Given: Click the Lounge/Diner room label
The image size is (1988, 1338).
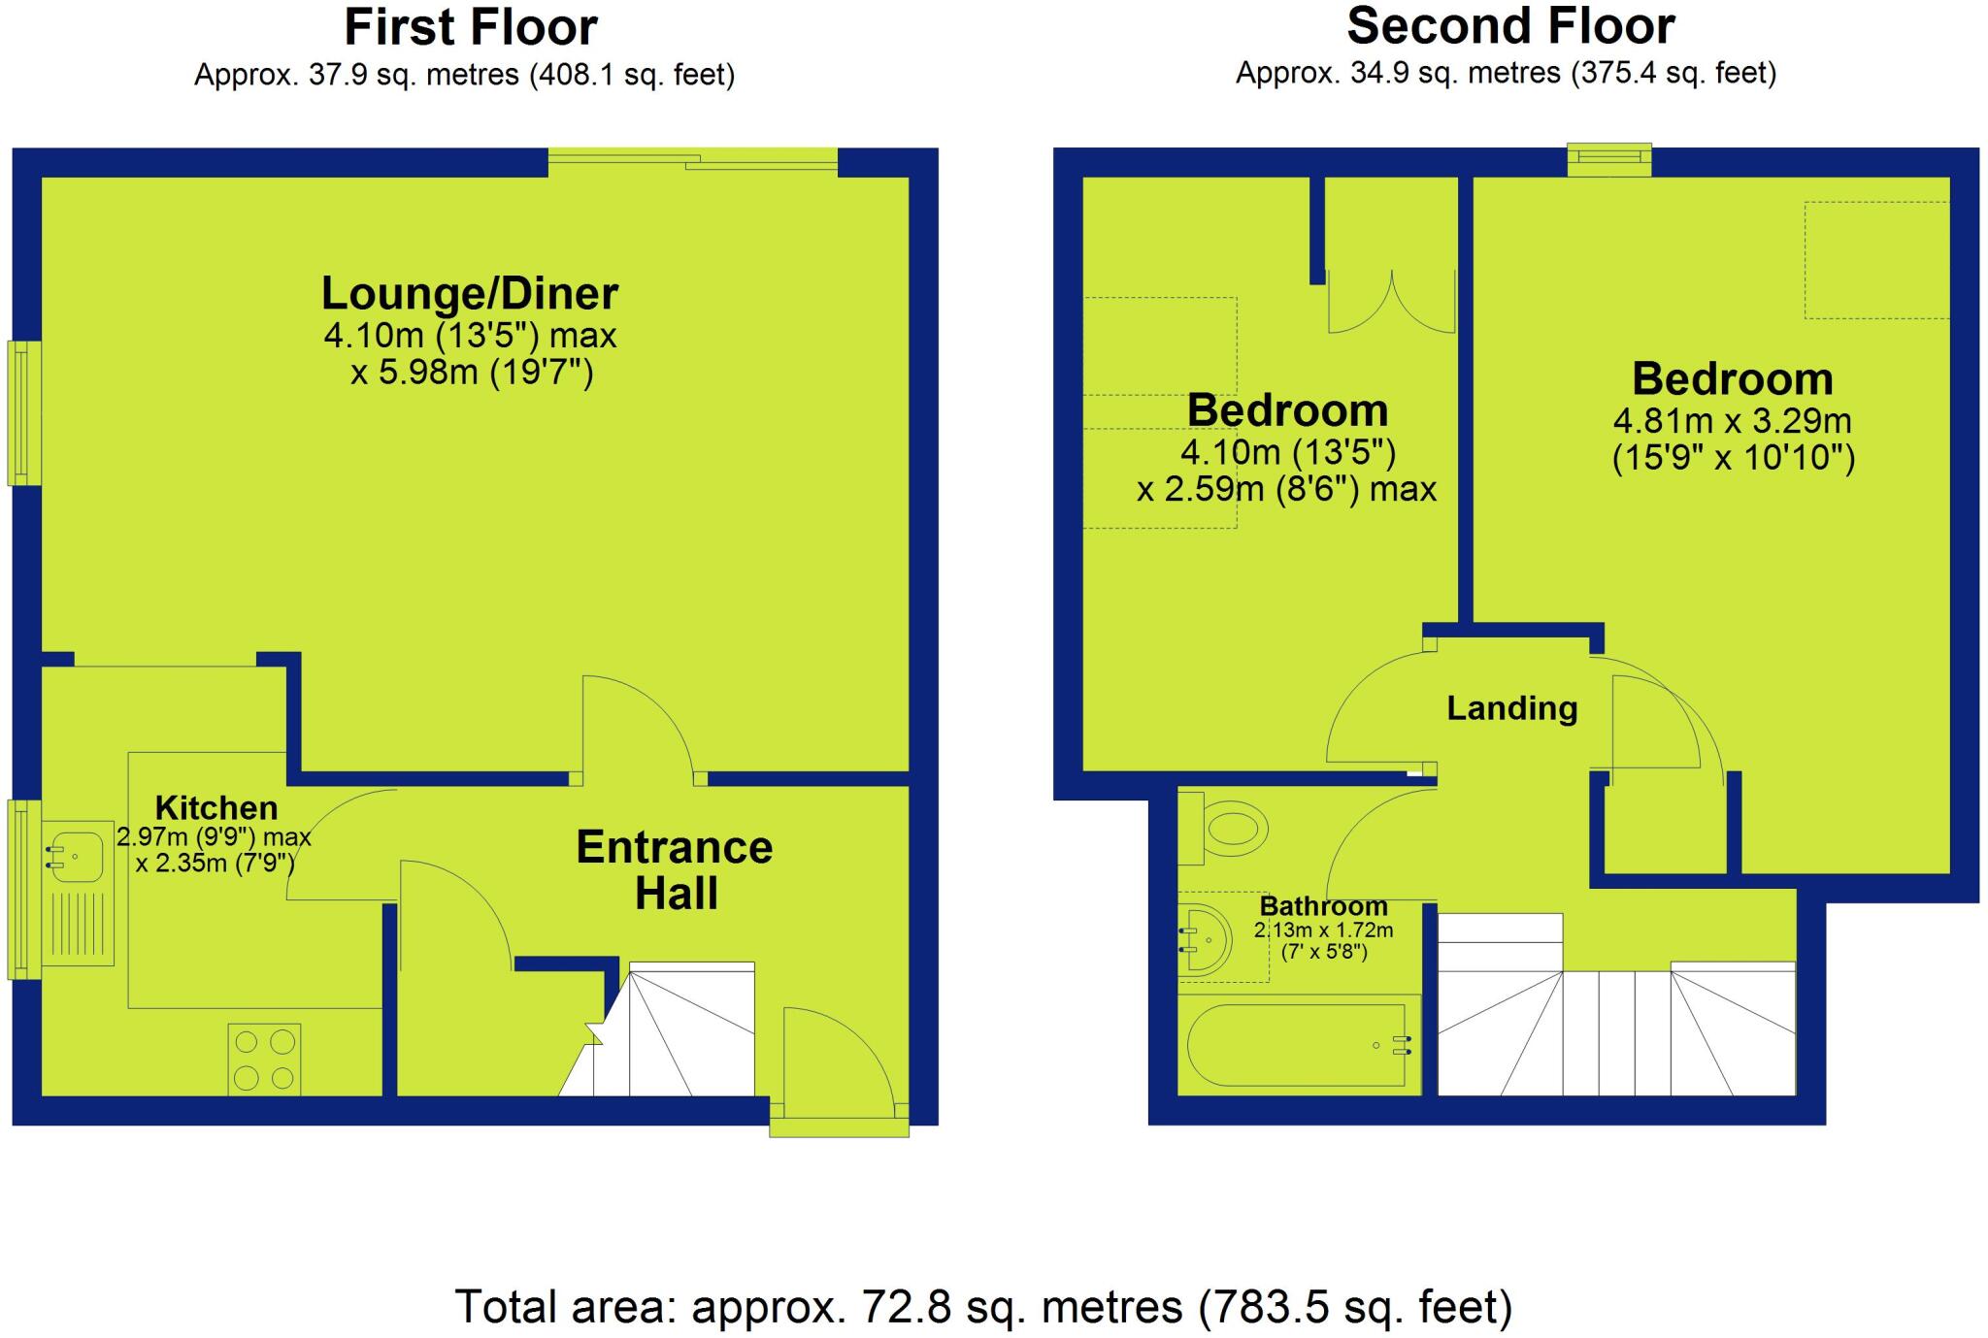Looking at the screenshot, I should point(470,293).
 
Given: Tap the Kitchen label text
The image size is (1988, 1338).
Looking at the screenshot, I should point(216,807).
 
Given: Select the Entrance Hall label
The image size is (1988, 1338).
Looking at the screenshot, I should point(675,870).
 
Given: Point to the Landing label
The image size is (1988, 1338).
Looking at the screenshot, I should point(1511,708).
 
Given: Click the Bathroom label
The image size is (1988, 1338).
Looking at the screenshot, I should point(1323,906).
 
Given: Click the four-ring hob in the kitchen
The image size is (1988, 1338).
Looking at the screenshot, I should point(264,1060).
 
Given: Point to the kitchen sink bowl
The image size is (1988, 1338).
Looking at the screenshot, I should point(78,858).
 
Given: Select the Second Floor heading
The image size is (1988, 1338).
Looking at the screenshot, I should point(1510,26).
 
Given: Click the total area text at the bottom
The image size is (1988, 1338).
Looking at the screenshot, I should point(983,1306).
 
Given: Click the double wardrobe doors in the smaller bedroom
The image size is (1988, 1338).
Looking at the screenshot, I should point(1391,303).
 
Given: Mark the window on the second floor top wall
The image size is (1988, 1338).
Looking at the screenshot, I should point(1609,159).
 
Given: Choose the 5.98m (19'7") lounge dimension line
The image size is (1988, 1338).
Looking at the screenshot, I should point(472,373).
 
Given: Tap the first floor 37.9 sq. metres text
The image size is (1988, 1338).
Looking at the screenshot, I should point(464,75).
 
